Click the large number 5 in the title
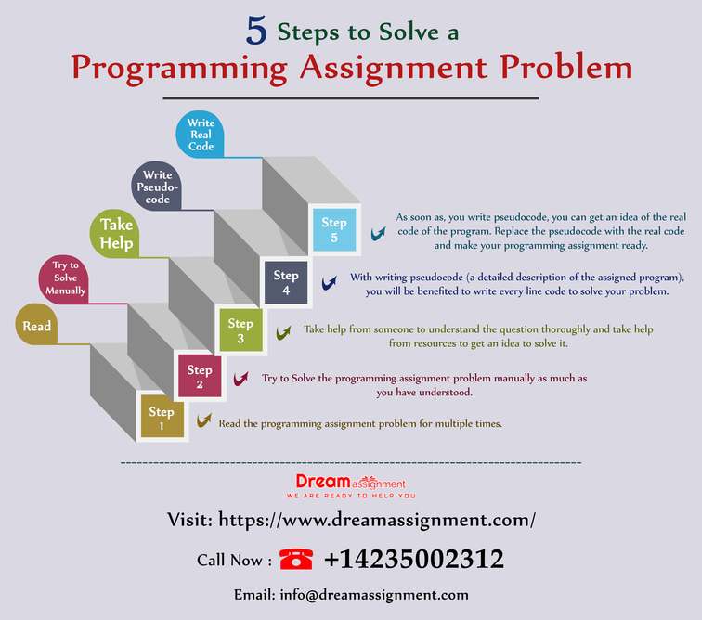click(x=256, y=31)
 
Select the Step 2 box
click(x=200, y=376)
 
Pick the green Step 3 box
click(x=240, y=329)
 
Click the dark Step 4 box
click(x=286, y=282)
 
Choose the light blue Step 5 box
click(x=334, y=229)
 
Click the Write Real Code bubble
click(x=200, y=134)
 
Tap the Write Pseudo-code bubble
click(x=156, y=186)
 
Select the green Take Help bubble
click(x=114, y=233)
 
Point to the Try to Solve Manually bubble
click(x=63, y=278)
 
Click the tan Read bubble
click(x=36, y=324)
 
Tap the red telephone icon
click(x=296, y=559)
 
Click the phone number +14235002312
click(x=414, y=559)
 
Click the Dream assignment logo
click(x=351, y=486)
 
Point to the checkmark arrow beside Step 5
click(x=378, y=233)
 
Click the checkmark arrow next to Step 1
click(x=204, y=420)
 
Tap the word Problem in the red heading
click(x=566, y=67)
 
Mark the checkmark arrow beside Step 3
click(x=283, y=332)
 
